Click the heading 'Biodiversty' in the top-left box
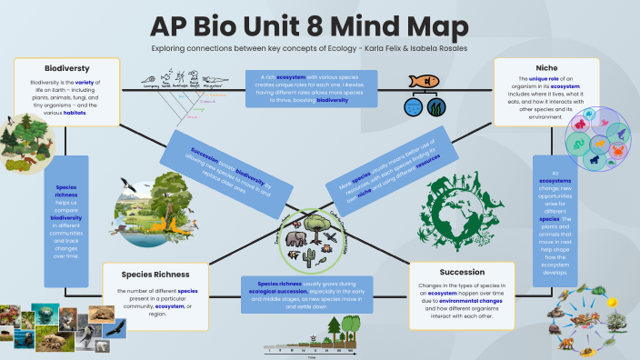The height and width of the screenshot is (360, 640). pos(65,67)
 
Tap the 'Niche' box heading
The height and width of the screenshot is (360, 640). pos(546,66)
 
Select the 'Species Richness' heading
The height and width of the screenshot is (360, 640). pos(146,273)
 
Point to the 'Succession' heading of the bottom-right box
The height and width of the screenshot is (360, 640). pos(462,272)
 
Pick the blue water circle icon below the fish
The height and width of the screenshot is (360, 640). pos(414,107)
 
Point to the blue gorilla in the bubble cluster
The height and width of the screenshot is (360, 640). pos(592,160)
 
